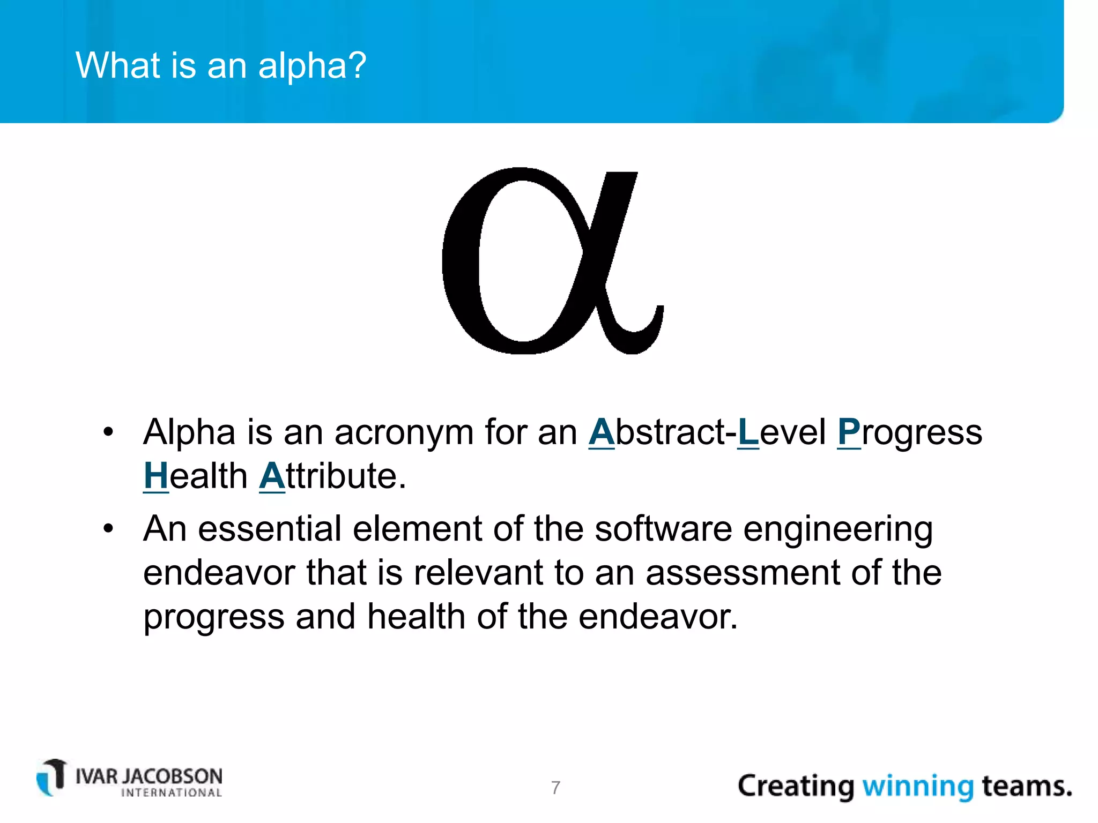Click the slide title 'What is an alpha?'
pos(221,65)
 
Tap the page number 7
pos(555,788)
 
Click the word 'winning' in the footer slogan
pos(917,787)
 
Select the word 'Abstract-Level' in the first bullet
pos(673,432)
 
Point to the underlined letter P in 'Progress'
pos(849,432)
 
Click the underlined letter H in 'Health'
pos(156,476)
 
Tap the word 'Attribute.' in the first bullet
pos(332,476)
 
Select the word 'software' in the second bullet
pos(663,529)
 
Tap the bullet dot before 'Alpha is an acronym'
pos(108,432)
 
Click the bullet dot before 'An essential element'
pos(108,529)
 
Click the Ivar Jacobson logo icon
pos(51,777)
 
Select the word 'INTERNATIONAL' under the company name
pos(172,793)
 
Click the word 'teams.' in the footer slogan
pos(1026,787)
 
